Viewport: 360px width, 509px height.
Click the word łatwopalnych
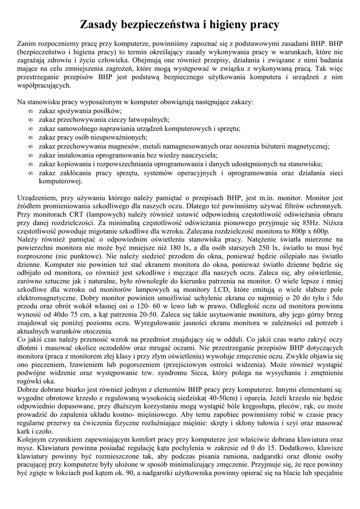[146, 120]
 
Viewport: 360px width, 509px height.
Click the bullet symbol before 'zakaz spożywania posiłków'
[31, 111]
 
